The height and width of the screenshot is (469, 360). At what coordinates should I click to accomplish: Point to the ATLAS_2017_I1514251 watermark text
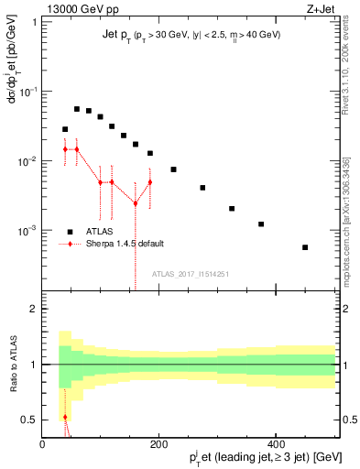(x=190, y=272)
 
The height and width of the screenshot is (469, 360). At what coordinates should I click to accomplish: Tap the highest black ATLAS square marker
(x=77, y=109)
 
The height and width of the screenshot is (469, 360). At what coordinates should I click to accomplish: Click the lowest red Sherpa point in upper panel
(x=136, y=203)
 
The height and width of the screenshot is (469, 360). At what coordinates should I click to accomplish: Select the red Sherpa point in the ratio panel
(x=65, y=417)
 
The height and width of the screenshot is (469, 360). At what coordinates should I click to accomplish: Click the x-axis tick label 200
(x=159, y=444)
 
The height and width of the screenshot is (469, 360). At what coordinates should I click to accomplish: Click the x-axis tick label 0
(x=43, y=444)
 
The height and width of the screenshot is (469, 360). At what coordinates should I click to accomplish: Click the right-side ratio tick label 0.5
(x=349, y=420)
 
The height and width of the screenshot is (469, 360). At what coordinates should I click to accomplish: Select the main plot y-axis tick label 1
(x=34, y=23)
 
